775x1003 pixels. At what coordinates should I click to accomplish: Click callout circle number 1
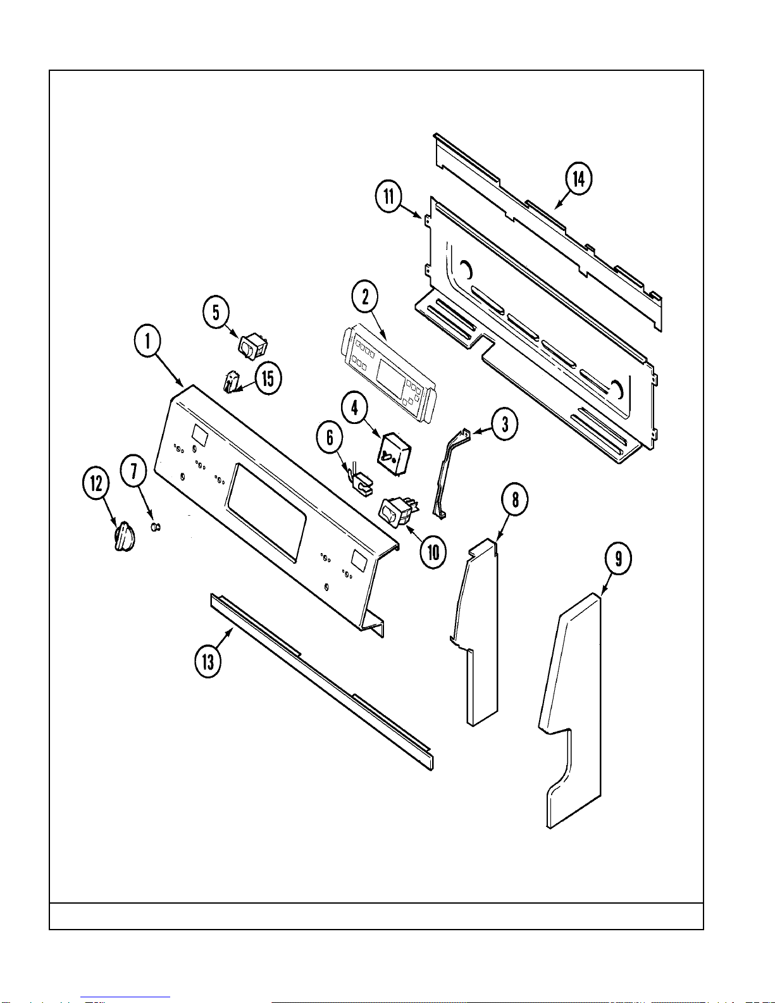(x=147, y=341)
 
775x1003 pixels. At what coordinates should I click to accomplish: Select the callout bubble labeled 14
(x=578, y=178)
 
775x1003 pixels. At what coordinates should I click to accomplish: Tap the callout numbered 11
(x=388, y=196)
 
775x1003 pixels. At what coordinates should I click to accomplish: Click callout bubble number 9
(x=618, y=558)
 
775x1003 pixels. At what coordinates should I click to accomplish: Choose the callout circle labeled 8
(x=515, y=500)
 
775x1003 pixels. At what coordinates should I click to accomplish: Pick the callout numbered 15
(x=268, y=378)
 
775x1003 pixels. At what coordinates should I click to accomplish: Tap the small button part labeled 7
(x=155, y=526)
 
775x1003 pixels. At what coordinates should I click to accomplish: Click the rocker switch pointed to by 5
(x=252, y=346)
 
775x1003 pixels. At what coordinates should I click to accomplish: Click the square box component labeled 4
(x=394, y=454)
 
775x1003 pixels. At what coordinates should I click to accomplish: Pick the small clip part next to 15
(x=232, y=382)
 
